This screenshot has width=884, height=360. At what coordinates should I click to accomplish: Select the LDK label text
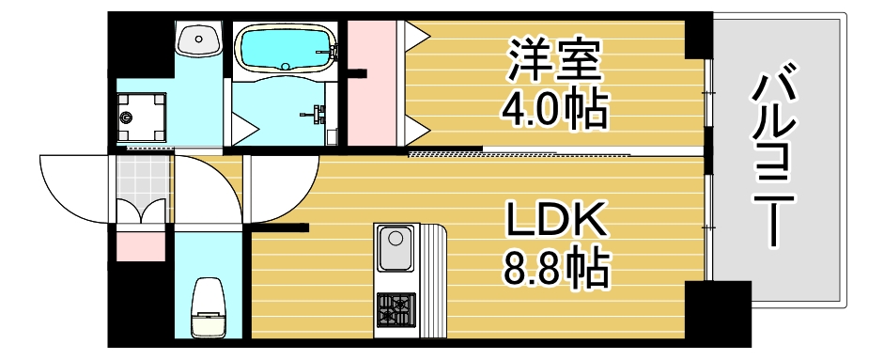pyautogui.click(x=554, y=222)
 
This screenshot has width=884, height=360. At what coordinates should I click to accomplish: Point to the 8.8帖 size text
pyautogui.click(x=554, y=270)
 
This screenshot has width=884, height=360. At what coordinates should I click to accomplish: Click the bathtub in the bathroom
pyautogui.click(x=285, y=48)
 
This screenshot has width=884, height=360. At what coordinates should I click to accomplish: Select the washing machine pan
pyautogui.click(x=141, y=117)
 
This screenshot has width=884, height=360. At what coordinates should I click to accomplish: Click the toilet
pyautogui.click(x=207, y=305)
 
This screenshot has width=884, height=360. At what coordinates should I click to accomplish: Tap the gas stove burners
pyautogui.click(x=395, y=306)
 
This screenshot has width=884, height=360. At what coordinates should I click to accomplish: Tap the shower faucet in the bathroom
pyautogui.click(x=315, y=115)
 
